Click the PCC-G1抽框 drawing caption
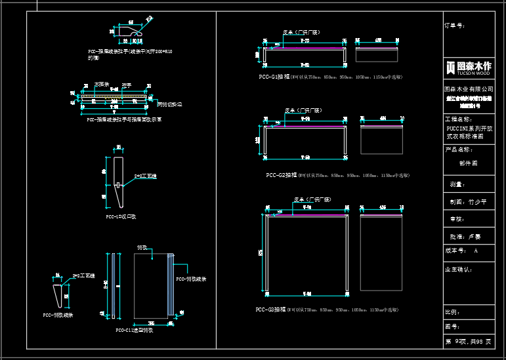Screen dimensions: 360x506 (x=274, y=77)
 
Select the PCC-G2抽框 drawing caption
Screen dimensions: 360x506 (x=282, y=175)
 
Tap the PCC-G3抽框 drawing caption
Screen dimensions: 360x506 (x=271, y=309)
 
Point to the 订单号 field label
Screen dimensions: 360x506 (x=455, y=26)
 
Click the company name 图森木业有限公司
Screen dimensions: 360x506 (x=469, y=88)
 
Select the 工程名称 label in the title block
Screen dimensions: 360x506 (x=458, y=119)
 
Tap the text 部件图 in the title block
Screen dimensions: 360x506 (x=469, y=163)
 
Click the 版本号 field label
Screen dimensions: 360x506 (x=455, y=250)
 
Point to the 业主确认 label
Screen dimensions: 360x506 (x=458, y=269)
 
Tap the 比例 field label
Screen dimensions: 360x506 (x=452, y=311)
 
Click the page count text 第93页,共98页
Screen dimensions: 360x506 (x=469, y=342)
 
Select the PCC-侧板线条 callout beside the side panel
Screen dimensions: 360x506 (x=191, y=279)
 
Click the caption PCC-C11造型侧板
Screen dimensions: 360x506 (x=134, y=330)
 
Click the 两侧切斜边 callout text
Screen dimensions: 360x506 (x=169, y=104)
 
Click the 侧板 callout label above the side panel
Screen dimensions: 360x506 (x=141, y=247)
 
